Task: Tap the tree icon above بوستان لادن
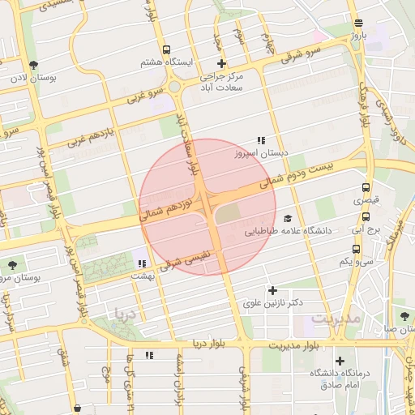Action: tap(32, 65)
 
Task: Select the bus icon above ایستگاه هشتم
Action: tap(166, 49)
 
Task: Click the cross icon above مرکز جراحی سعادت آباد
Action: tap(221, 63)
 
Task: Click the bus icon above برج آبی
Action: tap(366, 216)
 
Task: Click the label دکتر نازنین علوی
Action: tap(273, 302)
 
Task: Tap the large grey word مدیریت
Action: tap(335, 319)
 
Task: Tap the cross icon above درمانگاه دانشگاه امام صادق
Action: tap(340, 361)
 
